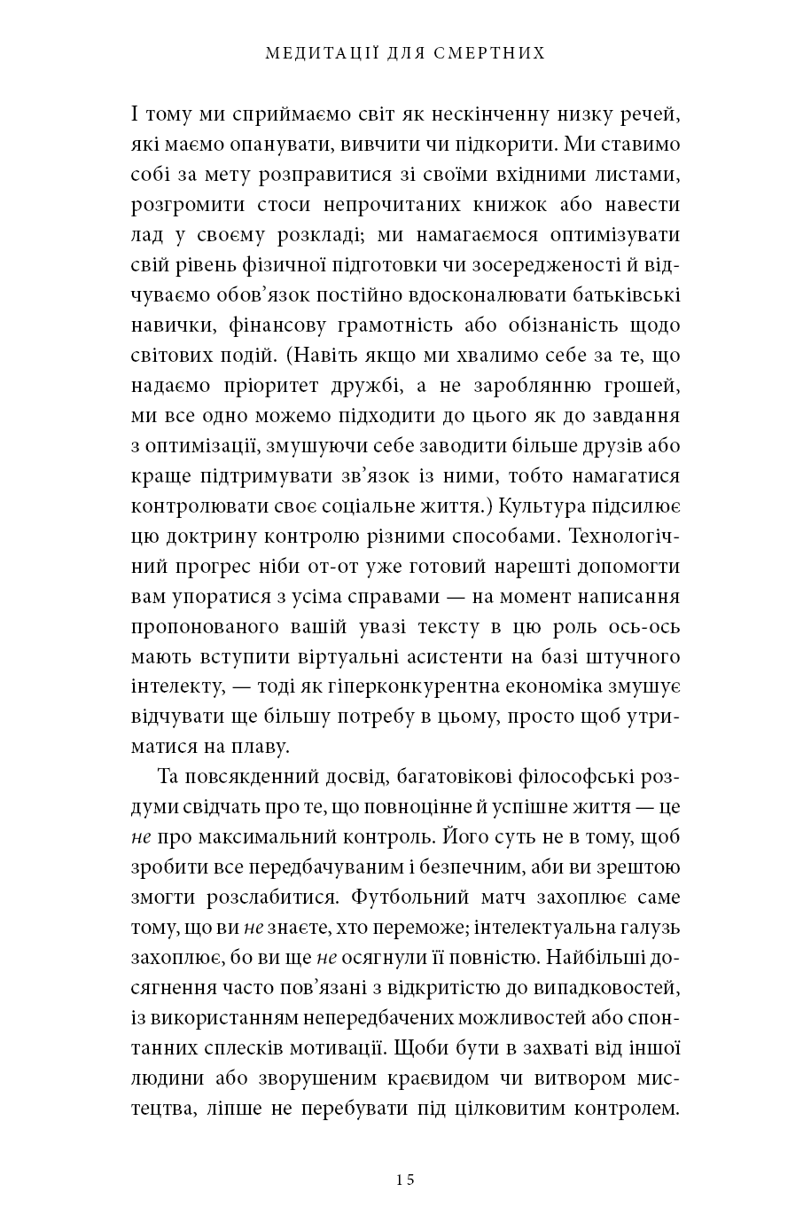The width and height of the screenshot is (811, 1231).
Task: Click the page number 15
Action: (405, 1179)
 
